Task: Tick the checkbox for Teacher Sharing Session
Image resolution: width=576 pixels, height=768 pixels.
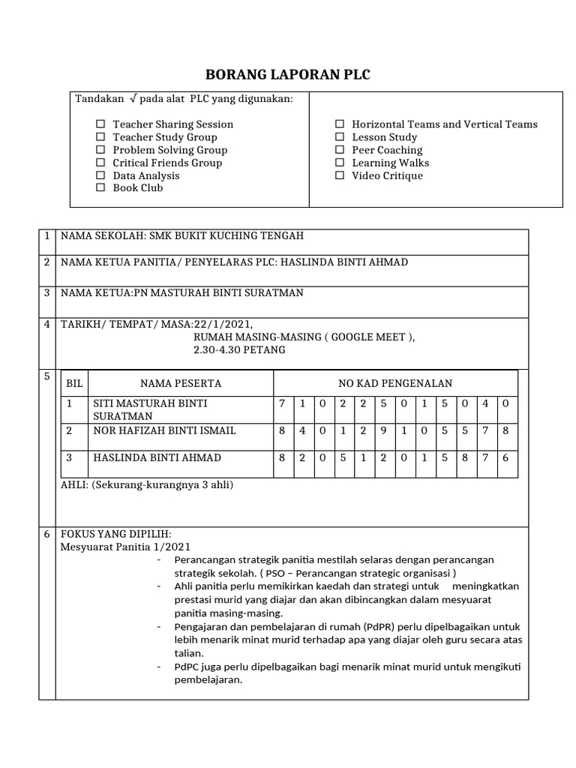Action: tap(100, 124)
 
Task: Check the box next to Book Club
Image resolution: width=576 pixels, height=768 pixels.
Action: tap(100, 188)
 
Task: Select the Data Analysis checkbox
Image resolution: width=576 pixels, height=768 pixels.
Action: tap(100, 175)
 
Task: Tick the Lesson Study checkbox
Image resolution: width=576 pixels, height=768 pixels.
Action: tap(340, 137)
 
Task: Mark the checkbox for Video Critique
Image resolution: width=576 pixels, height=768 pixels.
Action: tap(340, 175)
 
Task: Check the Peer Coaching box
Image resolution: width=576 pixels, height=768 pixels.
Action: tap(340, 150)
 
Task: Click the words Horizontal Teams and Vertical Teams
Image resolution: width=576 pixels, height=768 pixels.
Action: tap(444, 124)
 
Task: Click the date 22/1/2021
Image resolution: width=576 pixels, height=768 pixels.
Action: tap(223, 324)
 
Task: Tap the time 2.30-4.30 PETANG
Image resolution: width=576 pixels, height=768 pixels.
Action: tap(239, 349)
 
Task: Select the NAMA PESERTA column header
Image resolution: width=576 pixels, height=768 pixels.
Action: tap(181, 383)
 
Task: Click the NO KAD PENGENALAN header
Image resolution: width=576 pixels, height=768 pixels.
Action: tap(395, 383)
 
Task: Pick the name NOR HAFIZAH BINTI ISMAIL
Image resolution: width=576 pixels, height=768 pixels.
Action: tap(164, 430)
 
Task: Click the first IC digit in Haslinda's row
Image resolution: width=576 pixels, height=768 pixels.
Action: tap(282, 457)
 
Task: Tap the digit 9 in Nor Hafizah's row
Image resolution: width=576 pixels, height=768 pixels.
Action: tap(382, 430)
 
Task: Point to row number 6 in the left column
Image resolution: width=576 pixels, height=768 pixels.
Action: tap(46, 535)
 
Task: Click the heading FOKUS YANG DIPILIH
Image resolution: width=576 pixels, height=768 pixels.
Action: tap(115, 534)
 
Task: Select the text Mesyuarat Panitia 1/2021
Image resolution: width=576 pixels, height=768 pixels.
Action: tap(125, 547)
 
